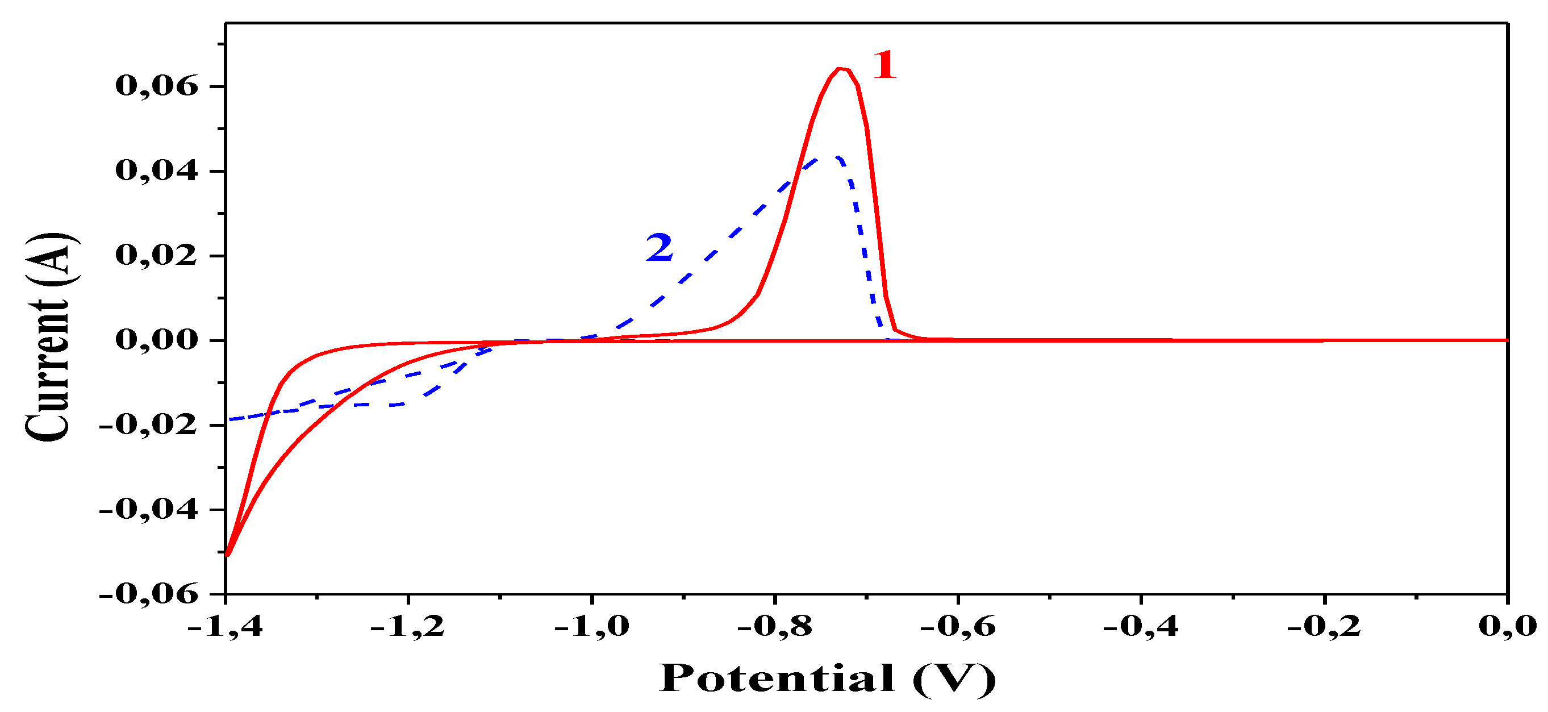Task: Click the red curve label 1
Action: pos(884,65)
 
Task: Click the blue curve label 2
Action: pos(659,248)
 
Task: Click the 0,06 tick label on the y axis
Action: pos(156,86)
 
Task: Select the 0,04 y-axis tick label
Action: pos(156,171)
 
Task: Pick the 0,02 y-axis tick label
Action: pos(156,256)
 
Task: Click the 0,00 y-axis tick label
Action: pos(156,340)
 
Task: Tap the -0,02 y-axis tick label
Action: pos(148,425)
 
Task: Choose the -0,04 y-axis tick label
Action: pos(148,509)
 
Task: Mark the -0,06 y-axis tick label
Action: pos(148,594)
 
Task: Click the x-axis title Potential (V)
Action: pos(828,679)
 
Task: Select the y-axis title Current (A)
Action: pos(48,337)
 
